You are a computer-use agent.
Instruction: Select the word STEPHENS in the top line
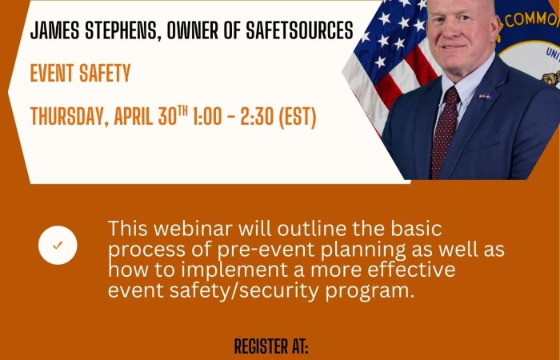pyautogui.click(x=121, y=32)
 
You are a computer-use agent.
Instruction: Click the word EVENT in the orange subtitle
pyautogui.click(x=52, y=74)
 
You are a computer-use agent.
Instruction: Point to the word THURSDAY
pyautogui.click(x=66, y=117)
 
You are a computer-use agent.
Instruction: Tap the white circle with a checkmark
pyautogui.click(x=58, y=245)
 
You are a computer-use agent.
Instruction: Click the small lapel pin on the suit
pyautogui.click(x=483, y=97)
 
